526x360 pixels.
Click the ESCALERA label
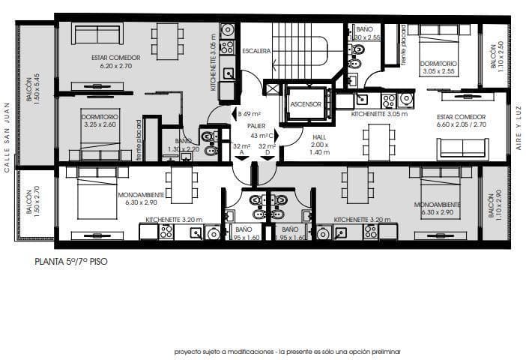[256, 51]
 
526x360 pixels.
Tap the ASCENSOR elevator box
[306, 103]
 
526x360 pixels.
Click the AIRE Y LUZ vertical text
[518, 128]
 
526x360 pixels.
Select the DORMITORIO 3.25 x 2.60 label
[99, 121]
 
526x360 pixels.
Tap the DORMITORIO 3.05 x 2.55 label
[438, 68]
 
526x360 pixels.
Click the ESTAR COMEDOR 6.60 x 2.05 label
[461, 121]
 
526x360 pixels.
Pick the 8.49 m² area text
[250, 114]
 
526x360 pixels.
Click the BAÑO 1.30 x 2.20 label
[184, 145]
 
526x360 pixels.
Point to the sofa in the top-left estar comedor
[98, 34]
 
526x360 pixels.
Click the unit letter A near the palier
[241, 153]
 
